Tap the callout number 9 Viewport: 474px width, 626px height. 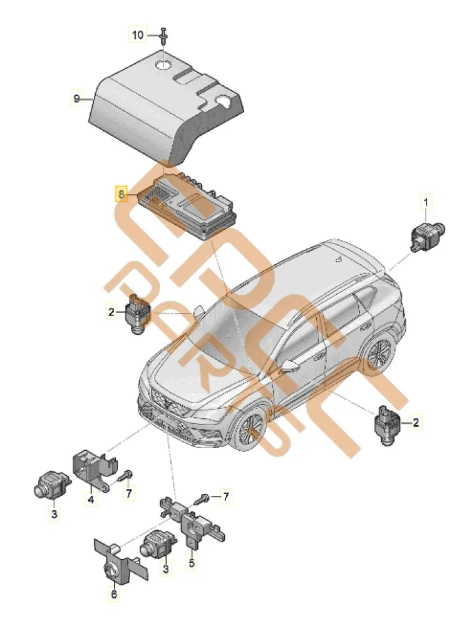[x=76, y=98]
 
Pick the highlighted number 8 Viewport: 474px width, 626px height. [x=120, y=194]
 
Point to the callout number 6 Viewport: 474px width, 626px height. [x=113, y=594]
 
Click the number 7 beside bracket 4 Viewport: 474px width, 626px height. [x=130, y=494]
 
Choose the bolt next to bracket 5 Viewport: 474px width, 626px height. [x=205, y=499]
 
